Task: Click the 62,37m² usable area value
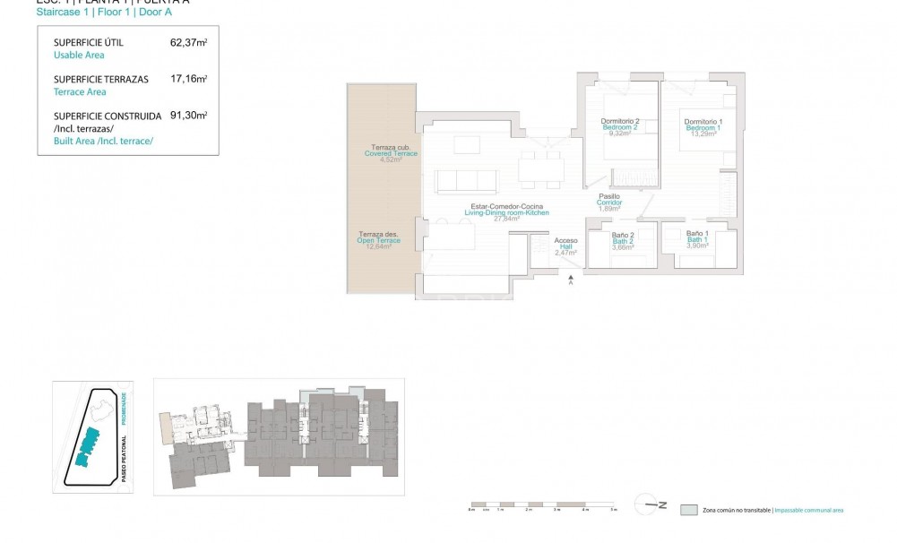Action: click(189, 42)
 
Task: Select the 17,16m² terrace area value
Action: click(189, 79)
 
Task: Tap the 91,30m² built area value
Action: click(189, 116)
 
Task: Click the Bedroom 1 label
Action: click(703, 128)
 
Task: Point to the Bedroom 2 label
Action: click(619, 127)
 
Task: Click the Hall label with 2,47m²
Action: click(565, 246)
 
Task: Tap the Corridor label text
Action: click(609, 203)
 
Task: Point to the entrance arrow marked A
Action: click(571, 280)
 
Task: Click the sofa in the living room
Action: click(466, 181)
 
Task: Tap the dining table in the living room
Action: click(541, 168)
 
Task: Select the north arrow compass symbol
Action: click(650, 504)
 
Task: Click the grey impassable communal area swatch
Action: click(688, 510)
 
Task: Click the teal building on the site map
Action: click(88, 444)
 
